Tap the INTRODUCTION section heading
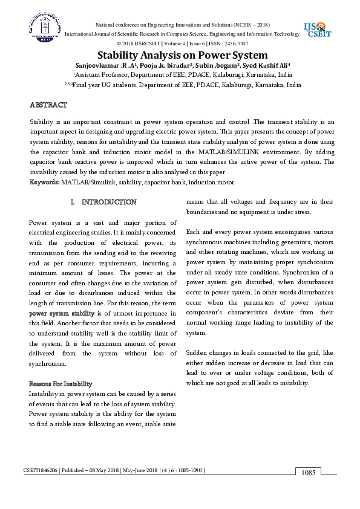pyautogui.click(x=103, y=201)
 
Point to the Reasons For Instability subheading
pyautogui.click(x=61, y=384)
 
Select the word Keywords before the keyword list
pyautogui.click(x=44, y=181)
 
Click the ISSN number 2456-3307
pyautogui.click(x=234, y=44)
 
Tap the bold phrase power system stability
pyautogui.click(x=62, y=313)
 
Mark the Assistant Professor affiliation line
pyautogui.click(x=182, y=74)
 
